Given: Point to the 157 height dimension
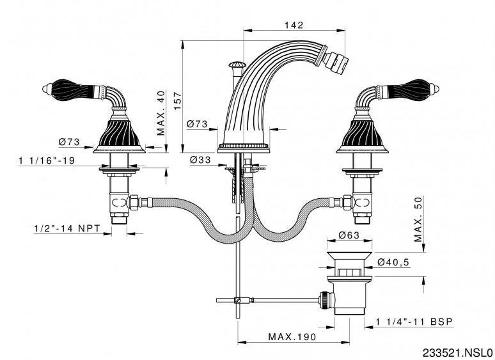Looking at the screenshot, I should point(178,96).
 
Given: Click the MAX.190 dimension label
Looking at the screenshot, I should point(291,336).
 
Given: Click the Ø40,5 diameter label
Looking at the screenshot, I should point(393,262).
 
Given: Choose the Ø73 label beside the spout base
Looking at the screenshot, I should point(198,124).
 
